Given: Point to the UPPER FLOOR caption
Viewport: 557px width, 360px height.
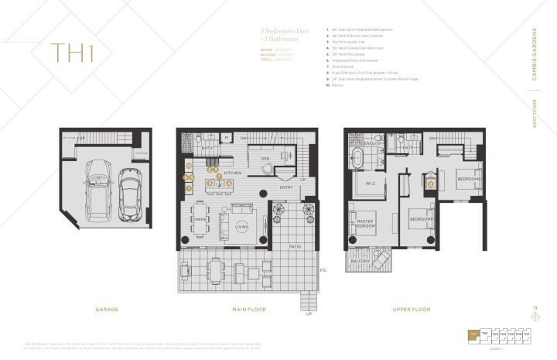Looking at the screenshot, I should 410,308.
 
